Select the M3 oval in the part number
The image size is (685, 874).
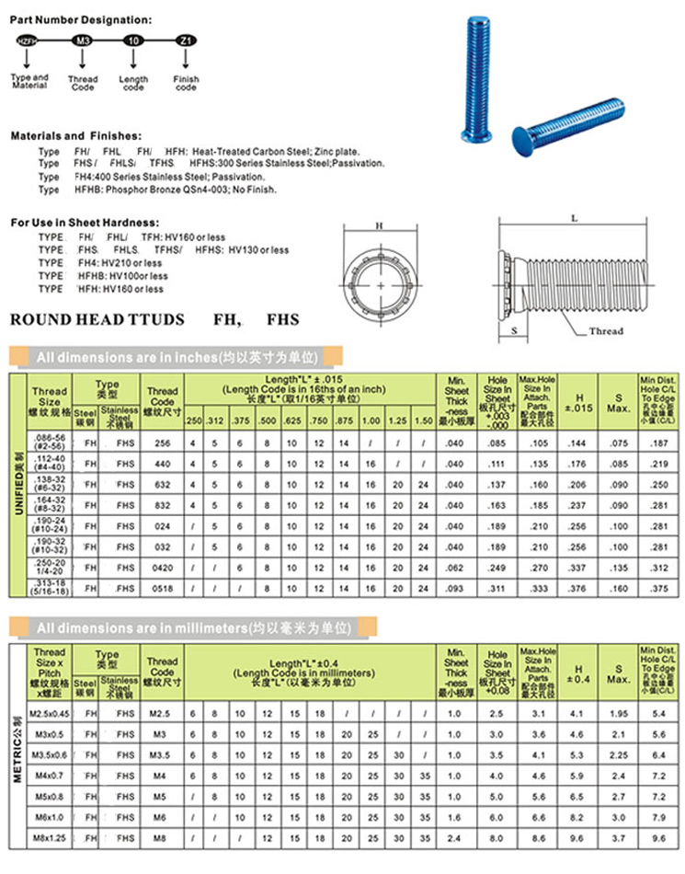83,41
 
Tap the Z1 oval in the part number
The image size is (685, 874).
186,41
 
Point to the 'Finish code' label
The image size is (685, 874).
186,83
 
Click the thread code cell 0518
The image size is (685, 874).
162,584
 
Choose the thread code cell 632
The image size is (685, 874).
162,484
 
